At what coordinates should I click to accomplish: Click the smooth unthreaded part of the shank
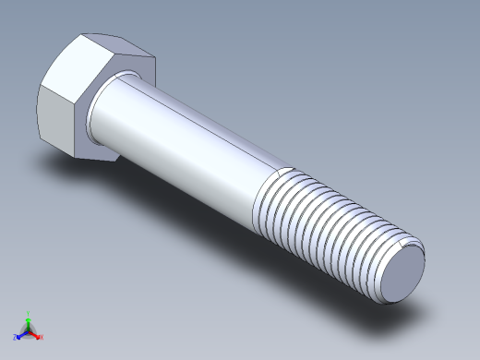185,138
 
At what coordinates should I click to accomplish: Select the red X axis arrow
36,334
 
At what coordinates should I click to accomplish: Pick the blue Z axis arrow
22,333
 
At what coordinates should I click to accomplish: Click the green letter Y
29,313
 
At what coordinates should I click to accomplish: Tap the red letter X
42,337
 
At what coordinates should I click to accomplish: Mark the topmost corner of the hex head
84,35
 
